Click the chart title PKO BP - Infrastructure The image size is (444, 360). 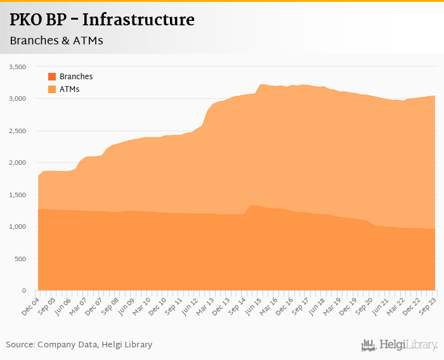[x=101, y=20]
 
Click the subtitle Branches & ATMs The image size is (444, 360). [x=56, y=41]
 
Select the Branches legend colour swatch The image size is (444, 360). [x=52, y=77]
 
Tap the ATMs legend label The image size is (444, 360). [x=69, y=89]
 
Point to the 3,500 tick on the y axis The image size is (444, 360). [x=17, y=67]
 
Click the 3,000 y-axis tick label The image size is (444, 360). [x=17, y=99]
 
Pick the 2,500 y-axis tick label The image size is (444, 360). [x=17, y=131]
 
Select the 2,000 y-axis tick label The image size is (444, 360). [x=17, y=163]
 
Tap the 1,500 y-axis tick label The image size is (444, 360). [x=17, y=195]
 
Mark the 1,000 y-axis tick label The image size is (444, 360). [x=17, y=227]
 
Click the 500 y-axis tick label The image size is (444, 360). [x=20, y=259]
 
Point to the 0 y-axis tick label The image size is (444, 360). [x=23, y=291]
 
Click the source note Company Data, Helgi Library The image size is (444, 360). [x=79, y=345]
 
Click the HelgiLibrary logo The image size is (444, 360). [x=399, y=345]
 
